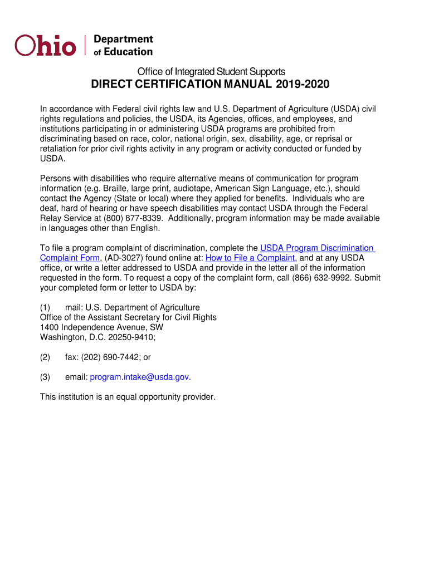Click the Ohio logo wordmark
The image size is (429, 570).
coord(45,45)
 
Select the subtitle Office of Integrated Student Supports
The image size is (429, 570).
coord(211,71)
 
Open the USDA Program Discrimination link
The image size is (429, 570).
coord(317,248)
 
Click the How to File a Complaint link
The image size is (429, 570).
coord(250,258)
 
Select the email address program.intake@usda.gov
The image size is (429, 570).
coord(139,377)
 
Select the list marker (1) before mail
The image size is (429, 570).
coord(45,307)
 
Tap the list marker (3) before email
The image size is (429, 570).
coord(45,377)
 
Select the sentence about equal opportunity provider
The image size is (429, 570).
coord(128,397)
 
